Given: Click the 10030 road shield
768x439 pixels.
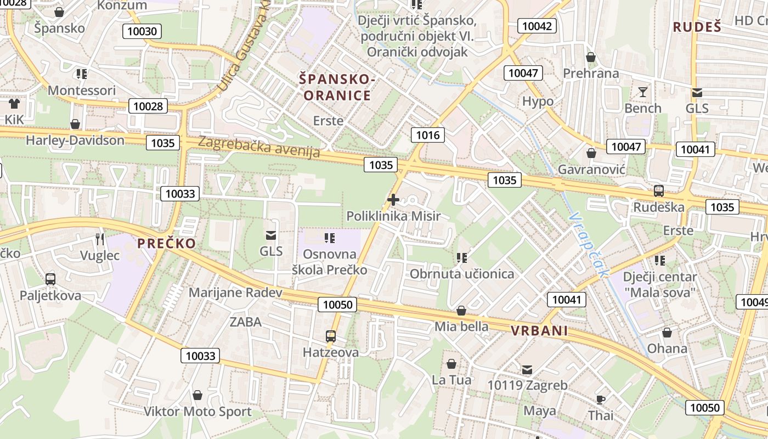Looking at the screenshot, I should [x=142, y=31].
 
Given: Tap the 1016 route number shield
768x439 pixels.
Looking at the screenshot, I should [x=427, y=134].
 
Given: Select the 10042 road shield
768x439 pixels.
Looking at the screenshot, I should [x=537, y=26].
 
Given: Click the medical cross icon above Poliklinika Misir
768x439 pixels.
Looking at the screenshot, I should [x=393, y=200].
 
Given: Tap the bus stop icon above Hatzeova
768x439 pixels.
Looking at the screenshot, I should [x=330, y=336].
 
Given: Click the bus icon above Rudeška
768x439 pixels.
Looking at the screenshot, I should [x=658, y=191].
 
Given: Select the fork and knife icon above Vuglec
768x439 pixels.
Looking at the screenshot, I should [x=99, y=239].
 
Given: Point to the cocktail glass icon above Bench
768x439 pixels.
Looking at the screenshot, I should [x=643, y=92].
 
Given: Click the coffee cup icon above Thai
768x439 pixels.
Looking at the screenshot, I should [x=601, y=399].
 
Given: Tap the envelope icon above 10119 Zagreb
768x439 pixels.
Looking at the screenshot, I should [x=527, y=369].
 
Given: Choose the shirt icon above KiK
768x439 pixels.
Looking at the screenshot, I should [x=14, y=103].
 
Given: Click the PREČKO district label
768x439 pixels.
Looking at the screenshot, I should [x=166, y=244].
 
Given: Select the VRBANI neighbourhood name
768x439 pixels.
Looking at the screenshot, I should [x=539, y=331].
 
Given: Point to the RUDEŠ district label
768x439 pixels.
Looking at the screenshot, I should [x=697, y=27].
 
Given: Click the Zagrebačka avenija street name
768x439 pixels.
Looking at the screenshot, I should [x=258, y=147].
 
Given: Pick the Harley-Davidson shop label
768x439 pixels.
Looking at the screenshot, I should [x=75, y=140].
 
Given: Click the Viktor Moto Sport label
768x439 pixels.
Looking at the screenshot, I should [x=197, y=412].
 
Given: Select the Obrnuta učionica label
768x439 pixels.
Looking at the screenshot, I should [x=462, y=274].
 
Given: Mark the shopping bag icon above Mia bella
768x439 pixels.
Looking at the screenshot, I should [x=461, y=311].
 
